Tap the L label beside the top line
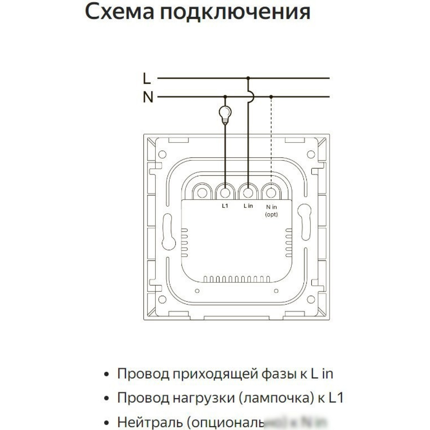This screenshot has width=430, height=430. click(x=147, y=79)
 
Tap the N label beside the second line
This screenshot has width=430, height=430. click(x=148, y=97)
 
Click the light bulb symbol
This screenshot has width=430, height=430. click(x=225, y=114)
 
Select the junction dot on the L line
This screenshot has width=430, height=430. click(x=248, y=78)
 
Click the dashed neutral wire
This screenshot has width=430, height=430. click(x=271, y=139)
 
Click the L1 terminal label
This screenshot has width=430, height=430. click(x=225, y=206)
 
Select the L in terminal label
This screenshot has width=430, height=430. click(x=248, y=206)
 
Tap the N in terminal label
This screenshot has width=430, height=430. click(x=271, y=207)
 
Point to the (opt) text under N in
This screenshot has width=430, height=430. click(x=271, y=215)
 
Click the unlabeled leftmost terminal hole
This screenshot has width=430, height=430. click(x=202, y=192)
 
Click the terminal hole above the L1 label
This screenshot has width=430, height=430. click(x=225, y=192)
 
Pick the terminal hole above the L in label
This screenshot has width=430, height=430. click(x=248, y=192)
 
